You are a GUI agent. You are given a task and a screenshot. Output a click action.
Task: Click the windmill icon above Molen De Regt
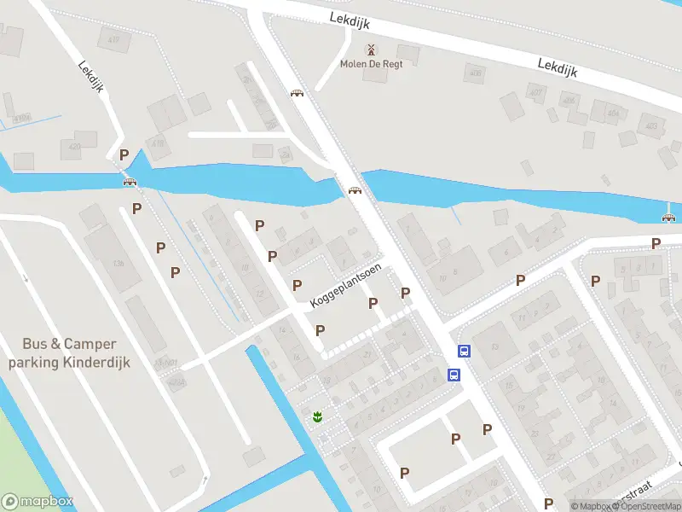click(370, 49)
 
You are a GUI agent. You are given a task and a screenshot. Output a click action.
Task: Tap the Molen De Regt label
click(371, 64)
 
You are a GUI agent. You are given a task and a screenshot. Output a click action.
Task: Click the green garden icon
click(317, 416)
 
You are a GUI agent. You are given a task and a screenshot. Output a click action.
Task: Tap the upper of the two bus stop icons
click(465, 351)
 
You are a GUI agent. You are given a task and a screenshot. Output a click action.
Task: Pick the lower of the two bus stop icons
click(454, 375)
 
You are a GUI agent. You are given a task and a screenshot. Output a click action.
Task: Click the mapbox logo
click(37, 502)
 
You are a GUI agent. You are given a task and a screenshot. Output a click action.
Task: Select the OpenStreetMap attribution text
click(648, 506)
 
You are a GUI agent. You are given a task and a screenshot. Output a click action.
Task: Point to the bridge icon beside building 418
click(130, 181)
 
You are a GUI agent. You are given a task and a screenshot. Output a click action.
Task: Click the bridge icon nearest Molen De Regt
click(297, 94)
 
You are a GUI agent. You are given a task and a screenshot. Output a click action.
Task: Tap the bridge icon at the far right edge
click(669, 216)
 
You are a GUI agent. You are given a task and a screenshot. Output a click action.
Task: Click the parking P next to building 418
click(124, 155)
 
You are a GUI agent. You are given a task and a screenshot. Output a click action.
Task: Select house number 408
click(475, 74)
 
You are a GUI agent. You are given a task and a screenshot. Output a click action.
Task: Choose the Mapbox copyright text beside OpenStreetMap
click(589, 506)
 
